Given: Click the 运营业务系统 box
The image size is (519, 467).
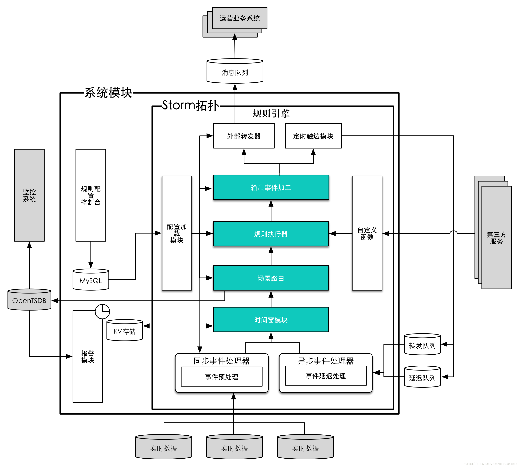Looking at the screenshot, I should pos(239,18).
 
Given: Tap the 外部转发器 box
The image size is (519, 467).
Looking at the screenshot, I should pos(244,136).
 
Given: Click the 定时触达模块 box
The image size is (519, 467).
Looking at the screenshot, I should pos(313,136).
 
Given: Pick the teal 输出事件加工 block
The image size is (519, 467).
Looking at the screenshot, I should pos(271,188).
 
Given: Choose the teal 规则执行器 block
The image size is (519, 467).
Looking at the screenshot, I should pos(271,234).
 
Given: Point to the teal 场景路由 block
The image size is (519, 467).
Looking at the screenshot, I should pos(271,278).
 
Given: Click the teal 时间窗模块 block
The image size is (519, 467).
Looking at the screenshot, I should pos(271,320).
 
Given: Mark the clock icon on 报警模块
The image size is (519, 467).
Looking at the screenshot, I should pos(102,311).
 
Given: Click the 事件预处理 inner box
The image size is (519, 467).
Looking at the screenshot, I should pos(221,377).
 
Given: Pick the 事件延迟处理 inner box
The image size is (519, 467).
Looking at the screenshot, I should pos(326,376).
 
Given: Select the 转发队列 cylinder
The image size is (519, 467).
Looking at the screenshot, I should pos(422,345).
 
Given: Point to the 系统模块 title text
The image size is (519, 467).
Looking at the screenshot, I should pos(108,93).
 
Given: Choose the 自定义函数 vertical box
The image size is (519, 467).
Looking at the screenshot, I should pos(367,233).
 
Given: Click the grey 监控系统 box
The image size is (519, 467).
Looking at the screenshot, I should pos(29,195).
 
